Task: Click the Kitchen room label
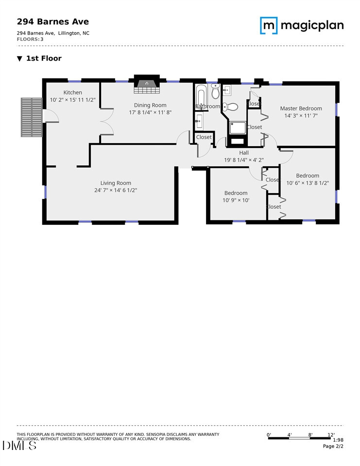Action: coord(72,92)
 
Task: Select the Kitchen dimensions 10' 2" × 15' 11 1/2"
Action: coord(73,100)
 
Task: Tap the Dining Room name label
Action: coord(150,105)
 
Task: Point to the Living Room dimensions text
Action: coord(116,190)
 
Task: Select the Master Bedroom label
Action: coord(301,108)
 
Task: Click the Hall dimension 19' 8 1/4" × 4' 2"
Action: coord(243,160)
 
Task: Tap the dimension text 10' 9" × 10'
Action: coord(236,200)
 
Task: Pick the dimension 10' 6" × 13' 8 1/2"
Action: coord(308,183)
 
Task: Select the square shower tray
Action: coord(238,128)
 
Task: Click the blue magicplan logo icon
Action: coord(268,25)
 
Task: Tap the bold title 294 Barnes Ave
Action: coord(53,21)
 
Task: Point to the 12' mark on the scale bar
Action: coord(330,434)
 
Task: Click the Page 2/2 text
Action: coord(333,446)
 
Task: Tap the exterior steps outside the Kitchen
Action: coord(32,117)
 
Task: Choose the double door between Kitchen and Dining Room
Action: coord(106,121)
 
